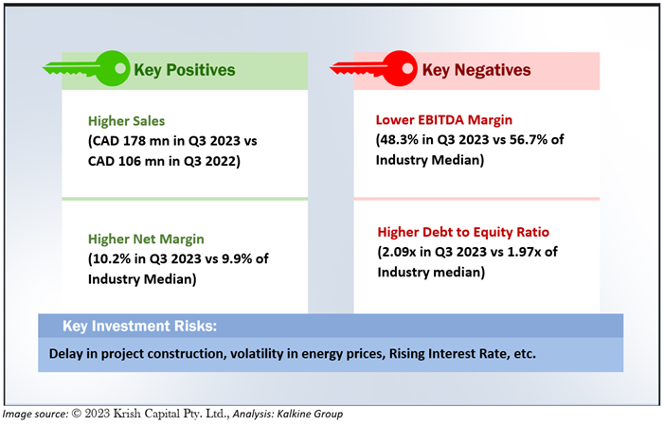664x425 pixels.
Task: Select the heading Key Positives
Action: pos(184,70)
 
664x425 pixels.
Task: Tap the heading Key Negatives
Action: pos(476,70)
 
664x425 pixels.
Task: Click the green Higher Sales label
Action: pos(126,121)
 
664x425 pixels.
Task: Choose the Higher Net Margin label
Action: pos(146,239)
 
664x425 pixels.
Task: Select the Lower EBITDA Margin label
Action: pos(444,120)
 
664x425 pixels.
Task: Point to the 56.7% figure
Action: pos(528,140)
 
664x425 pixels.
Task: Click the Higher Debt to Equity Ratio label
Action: pos(463,232)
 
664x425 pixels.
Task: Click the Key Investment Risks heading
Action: pos(140,326)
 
